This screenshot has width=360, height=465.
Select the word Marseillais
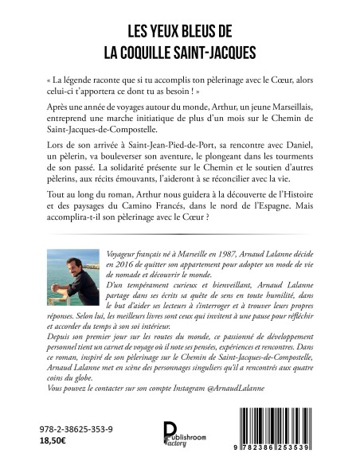coord(281,111)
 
